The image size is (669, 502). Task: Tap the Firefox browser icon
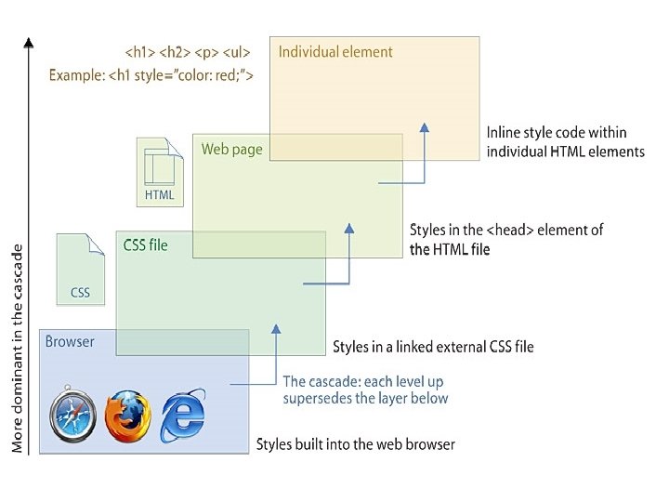click(127, 416)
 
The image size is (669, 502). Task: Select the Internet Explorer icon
click(182, 416)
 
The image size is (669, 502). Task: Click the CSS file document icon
click(80, 269)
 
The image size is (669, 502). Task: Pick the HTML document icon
click(159, 172)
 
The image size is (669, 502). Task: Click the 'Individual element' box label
click(335, 52)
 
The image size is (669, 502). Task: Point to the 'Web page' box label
click(232, 149)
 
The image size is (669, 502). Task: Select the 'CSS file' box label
click(146, 245)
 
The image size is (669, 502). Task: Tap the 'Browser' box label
click(70, 341)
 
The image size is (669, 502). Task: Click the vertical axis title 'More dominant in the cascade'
click(18, 348)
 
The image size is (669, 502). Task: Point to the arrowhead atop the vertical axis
click(29, 43)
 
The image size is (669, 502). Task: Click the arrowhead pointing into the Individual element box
click(424, 127)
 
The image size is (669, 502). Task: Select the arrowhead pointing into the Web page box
click(349, 226)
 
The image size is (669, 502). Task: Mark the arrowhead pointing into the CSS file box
click(275, 327)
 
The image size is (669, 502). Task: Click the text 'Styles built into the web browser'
click(356, 444)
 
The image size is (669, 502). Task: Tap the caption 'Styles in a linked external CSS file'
click(433, 348)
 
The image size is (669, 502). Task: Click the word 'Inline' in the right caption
click(503, 133)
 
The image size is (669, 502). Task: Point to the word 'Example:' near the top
click(78, 74)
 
